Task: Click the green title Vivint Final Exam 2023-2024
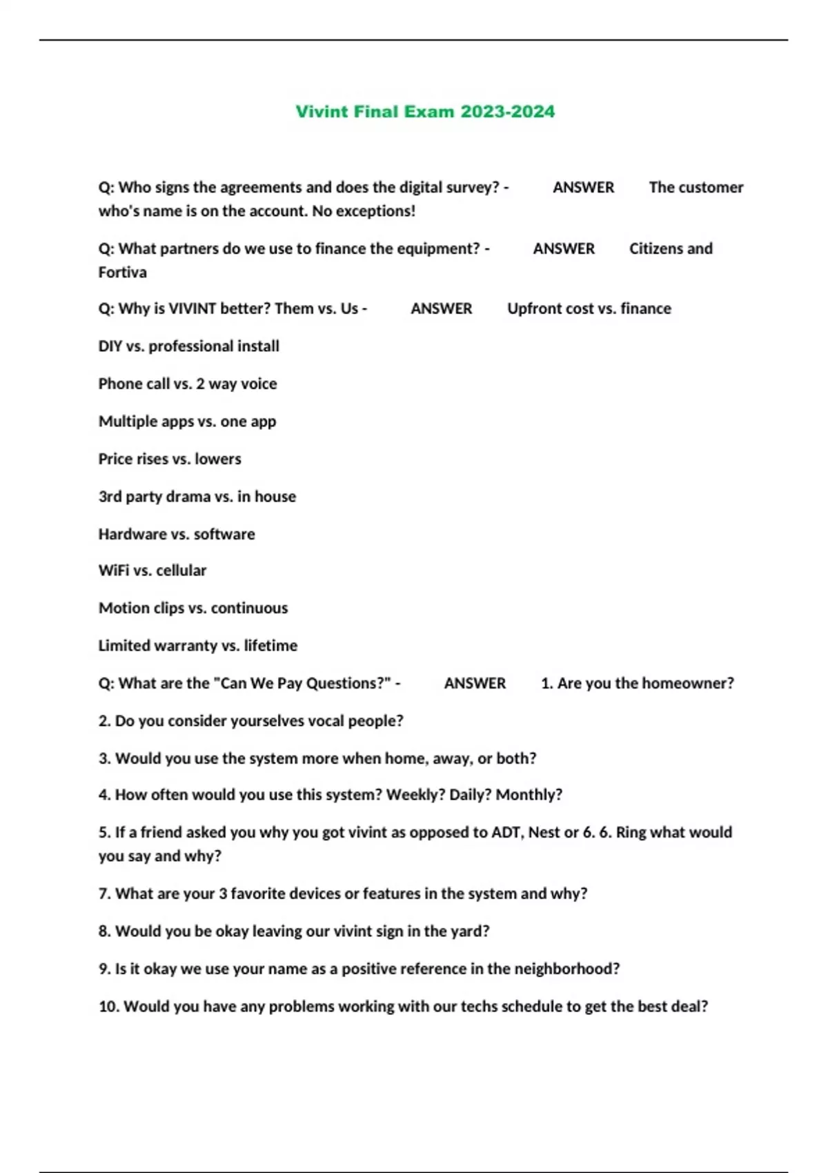pyautogui.click(x=425, y=112)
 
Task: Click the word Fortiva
pyautogui.click(x=123, y=273)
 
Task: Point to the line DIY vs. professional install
pyautogui.click(x=188, y=346)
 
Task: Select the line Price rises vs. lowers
pyautogui.click(x=170, y=459)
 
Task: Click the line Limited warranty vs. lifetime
pyautogui.click(x=198, y=646)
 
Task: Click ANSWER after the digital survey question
pyautogui.click(x=583, y=188)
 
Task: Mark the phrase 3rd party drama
pyautogui.click(x=155, y=497)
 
